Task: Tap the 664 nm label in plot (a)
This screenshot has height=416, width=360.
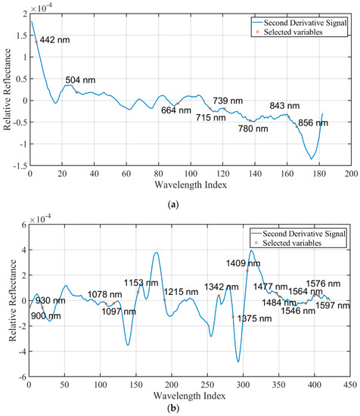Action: click(x=176, y=110)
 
